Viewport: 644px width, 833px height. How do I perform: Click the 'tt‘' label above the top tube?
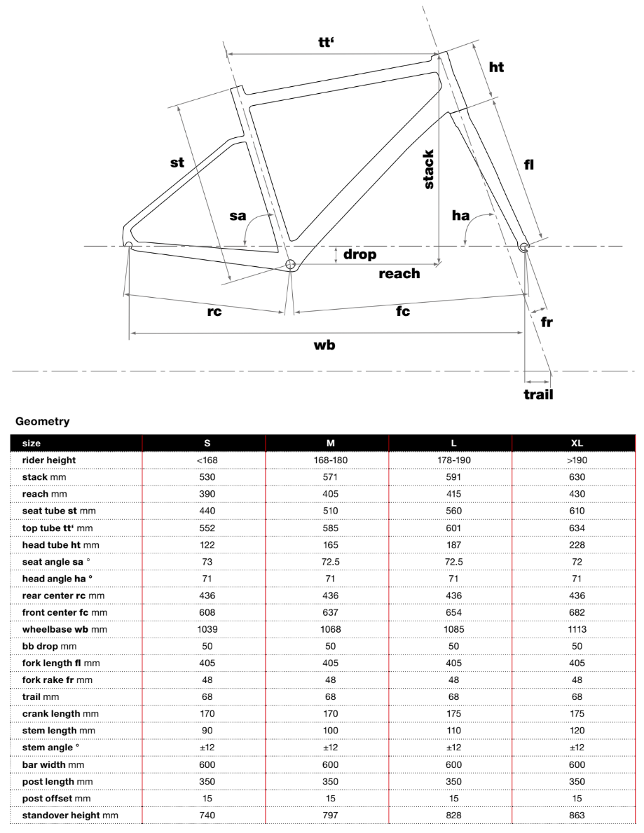pos(325,42)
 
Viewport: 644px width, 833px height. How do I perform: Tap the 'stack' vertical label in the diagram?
pos(428,170)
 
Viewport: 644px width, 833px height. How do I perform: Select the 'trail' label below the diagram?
pos(538,394)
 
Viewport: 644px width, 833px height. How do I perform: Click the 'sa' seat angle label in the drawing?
pos(238,216)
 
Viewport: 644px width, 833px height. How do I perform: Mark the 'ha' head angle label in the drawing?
pos(460,216)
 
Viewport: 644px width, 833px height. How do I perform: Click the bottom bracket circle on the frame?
pos(291,264)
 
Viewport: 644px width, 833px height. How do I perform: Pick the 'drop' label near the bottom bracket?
pos(359,254)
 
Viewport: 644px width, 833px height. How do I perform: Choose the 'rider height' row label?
pos(48,460)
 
